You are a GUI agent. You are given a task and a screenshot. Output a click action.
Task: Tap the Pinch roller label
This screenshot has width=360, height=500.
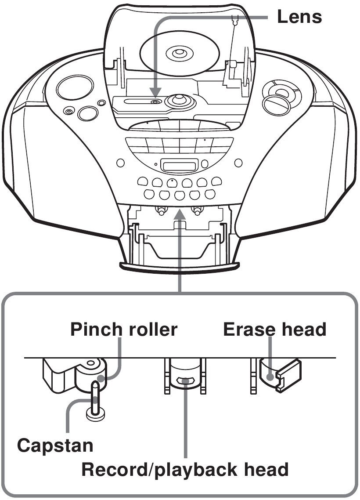pyautogui.click(x=124, y=329)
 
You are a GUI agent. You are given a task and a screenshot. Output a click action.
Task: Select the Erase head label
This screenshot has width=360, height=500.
pyautogui.click(x=275, y=329)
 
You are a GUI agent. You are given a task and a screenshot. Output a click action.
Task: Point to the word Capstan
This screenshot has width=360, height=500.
pyautogui.click(x=55, y=446)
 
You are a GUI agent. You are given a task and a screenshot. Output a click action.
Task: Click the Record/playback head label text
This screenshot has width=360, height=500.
pyautogui.click(x=185, y=470)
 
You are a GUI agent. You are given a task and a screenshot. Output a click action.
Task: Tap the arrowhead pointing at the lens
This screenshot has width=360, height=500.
pyautogui.click(x=155, y=93)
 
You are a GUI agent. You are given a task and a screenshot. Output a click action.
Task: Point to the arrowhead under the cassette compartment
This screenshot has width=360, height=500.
pyautogui.click(x=179, y=213)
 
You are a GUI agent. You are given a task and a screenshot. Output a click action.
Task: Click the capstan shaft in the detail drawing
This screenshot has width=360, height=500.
pyautogui.click(x=95, y=395)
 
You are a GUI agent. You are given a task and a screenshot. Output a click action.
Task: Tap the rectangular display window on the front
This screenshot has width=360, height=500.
pyautogui.click(x=179, y=165)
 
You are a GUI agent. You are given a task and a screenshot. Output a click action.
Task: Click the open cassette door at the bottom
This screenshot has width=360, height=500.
pyautogui.click(x=179, y=246)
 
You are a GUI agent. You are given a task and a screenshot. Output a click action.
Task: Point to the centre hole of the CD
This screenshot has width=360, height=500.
pyautogui.click(x=179, y=54)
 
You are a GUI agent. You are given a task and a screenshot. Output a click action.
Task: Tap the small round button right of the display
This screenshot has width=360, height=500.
pyautogui.click(x=205, y=164)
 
